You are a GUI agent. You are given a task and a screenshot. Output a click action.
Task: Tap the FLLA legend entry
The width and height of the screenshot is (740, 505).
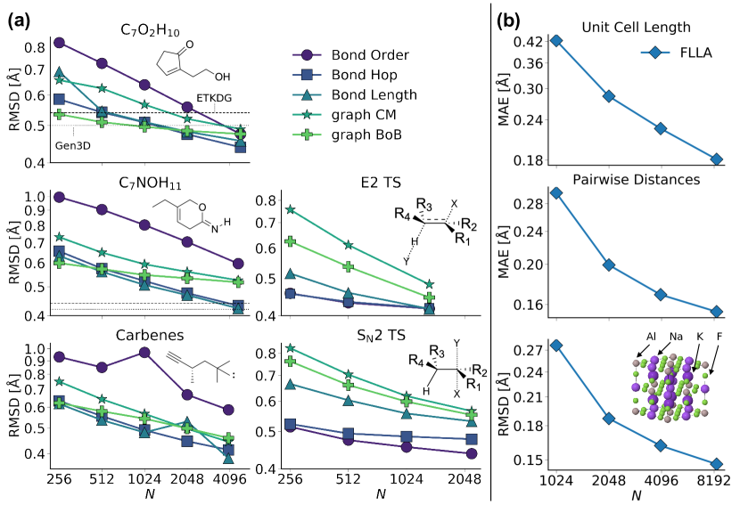click(x=687, y=53)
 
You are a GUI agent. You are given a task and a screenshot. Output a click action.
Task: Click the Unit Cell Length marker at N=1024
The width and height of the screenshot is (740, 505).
click(x=555, y=40)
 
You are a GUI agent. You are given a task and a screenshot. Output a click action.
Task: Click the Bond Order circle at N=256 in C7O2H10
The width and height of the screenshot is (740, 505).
click(x=59, y=42)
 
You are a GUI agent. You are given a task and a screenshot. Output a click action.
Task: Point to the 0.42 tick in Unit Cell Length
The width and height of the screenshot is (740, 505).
click(x=532, y=41)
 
